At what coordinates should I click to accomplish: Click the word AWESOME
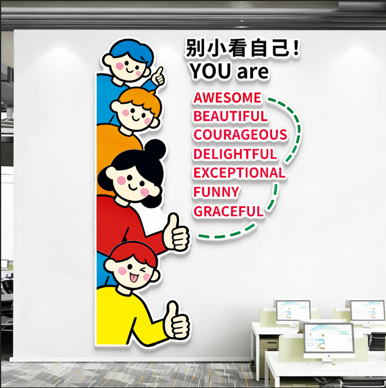tap(227, 97)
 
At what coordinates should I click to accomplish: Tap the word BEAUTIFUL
tap(231, 116)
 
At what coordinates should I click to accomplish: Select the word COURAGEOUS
tap(240, 135)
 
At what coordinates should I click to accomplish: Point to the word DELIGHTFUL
tap(235, 154)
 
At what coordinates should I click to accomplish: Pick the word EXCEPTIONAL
tap(239, 173)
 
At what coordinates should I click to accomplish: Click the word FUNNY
tap(216, 192)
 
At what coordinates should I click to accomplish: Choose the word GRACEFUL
tap(228, 211)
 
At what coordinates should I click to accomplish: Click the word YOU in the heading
tap(210, 72)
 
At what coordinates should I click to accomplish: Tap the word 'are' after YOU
tap(253, 72)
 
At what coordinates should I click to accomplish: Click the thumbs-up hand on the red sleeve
tap(177, 234)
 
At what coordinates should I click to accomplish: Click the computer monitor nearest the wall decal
tap(292, 311)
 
